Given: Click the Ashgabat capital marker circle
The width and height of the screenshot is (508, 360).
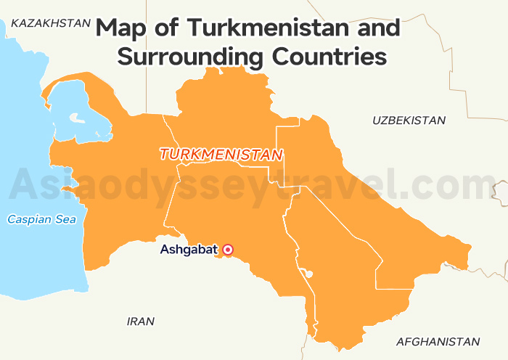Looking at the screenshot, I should coord(228,250).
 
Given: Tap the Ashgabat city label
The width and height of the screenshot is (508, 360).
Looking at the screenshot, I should coord(189,250).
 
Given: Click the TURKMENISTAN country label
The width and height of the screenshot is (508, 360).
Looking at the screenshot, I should coord(221,155).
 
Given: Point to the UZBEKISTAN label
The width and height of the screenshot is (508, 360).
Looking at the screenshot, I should coord(409,120).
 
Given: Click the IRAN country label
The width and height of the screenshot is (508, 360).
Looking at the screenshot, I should coord(141,321).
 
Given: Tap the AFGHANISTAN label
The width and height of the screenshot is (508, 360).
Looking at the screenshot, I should coord(438,341).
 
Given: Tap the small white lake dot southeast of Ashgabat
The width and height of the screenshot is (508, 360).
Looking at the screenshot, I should coord(309,274).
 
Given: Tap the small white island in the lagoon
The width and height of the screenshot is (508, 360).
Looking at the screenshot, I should coord(75,117).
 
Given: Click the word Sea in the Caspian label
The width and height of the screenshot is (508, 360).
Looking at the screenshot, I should coord(62,218).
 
